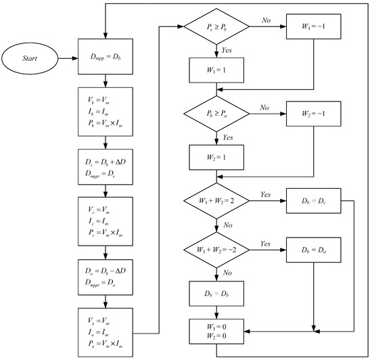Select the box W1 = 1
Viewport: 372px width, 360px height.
coord(215,70)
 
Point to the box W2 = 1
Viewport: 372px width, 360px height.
coord(215,157)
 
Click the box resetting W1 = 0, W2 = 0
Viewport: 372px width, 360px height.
coord(215,332)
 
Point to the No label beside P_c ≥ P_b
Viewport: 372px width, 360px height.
coord(266,20)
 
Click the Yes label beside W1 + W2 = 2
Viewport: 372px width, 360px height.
coord(266,194)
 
